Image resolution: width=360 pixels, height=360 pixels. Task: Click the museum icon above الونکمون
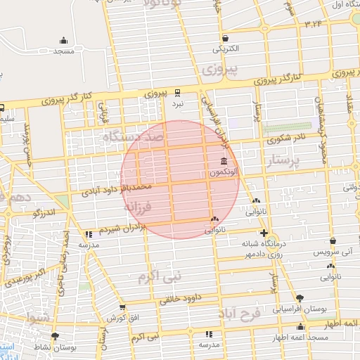tap(223, 162)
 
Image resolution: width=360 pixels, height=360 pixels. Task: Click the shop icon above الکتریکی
tap(224, 38)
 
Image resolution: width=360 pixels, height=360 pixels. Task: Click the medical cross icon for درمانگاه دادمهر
tap(263, 233)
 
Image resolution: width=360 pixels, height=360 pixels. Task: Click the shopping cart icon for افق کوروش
tap(123, 307)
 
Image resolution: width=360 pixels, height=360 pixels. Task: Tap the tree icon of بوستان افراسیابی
tap(300, 297)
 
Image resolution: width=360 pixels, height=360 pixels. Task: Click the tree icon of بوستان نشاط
tap(55, 336)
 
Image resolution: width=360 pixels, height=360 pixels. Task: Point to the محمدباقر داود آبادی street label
tap(116, 189)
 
